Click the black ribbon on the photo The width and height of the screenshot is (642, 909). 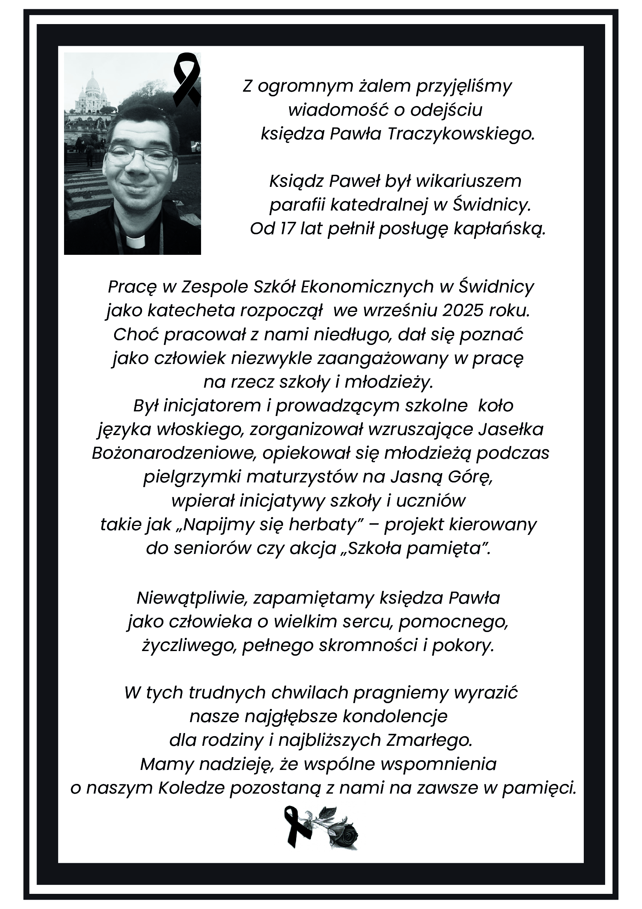pos(187,78)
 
